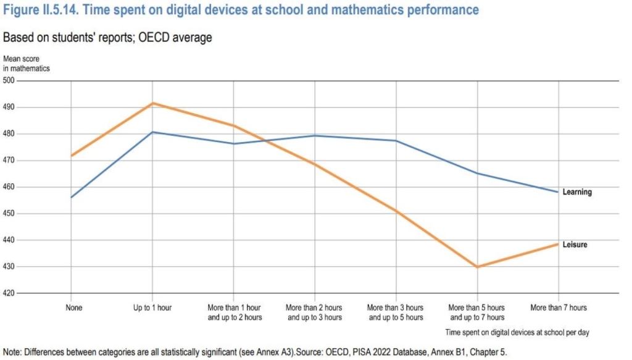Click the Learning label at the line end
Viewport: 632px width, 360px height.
[x=576, y=192]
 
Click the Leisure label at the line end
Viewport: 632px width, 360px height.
[x=575, y=245]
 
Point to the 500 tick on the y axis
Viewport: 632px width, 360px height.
[x=9, y=80]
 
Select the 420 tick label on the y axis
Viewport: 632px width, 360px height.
[x=9, y=293]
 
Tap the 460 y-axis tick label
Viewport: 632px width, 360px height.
[x=9, y=187]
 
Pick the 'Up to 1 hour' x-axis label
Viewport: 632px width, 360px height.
[x=152, y=307]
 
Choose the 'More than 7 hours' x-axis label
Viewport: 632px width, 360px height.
[x=559, y=307]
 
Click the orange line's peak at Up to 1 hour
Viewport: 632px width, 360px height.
[x=152, y=103]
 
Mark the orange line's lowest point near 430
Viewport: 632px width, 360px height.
[x=477, y=267]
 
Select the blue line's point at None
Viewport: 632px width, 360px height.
[x=72, y=197]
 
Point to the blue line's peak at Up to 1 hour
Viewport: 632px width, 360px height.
[x=152, y=132]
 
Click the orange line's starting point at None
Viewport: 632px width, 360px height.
[x=72, y=156]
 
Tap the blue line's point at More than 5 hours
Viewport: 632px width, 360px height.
[x=477, y=173]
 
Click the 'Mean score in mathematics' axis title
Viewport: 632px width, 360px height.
[x=26, y=64]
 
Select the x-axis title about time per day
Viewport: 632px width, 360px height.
[x=517, y=332]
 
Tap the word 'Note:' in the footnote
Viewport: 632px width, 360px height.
[x=14, y=353]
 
